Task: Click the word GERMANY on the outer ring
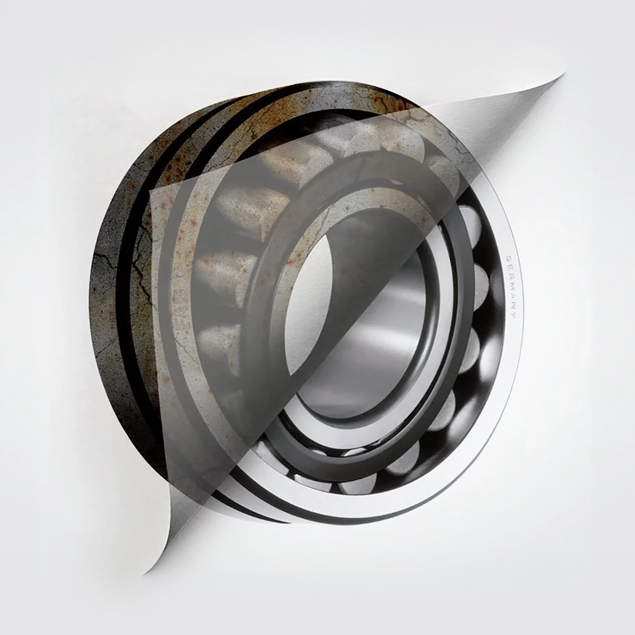coord(510,286)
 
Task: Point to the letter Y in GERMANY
coord(513,315)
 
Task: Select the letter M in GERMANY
coord(510,287)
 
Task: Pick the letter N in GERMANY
coord(513,306)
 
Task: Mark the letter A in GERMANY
coord(512,297)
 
